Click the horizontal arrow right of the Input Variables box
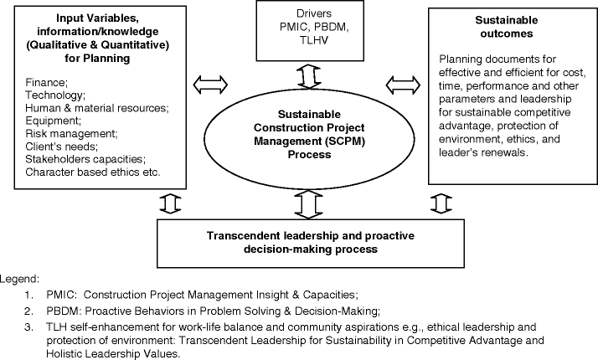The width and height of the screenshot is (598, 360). pyautogui.click(x=211, y=84)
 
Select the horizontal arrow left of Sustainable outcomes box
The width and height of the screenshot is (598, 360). pyautogui.click(x=405, y=84)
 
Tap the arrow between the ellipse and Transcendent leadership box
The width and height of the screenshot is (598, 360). pyautogui.click(x=309, y=203)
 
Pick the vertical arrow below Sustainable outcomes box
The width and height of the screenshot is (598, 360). pyautogui.click(x=441, y=203)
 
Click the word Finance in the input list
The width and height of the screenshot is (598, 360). pyautogui.click(x=44, y=84)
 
